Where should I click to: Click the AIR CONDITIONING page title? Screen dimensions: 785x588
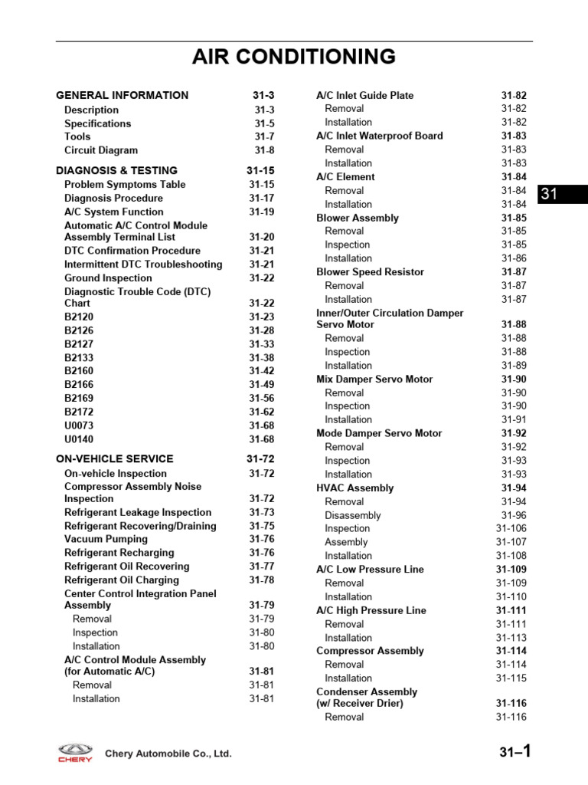click(294, 57)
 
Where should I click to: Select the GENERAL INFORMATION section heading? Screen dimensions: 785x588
click(122, 95)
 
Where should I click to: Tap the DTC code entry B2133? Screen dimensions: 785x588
click(79, 357)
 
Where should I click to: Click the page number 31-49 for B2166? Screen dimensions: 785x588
click(261, 385)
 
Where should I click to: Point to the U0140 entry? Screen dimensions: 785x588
click(79, 439)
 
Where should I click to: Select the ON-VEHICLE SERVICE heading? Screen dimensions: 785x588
click(115, 458)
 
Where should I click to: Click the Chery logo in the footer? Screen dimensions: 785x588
click(75, 753)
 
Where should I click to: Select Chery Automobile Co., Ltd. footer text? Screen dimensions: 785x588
click(168, 754)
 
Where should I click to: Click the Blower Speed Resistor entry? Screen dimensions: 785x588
click(370, 272)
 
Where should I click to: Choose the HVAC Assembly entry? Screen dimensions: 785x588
click(354, 488)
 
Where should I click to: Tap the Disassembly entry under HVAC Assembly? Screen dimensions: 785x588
click(352, 516)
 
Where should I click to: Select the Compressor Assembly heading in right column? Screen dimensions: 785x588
click(370, 651)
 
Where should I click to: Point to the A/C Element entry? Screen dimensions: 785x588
click(345, 177)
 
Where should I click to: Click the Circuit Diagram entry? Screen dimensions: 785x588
click(101, 150)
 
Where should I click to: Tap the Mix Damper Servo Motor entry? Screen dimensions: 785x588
click(374, 379)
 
